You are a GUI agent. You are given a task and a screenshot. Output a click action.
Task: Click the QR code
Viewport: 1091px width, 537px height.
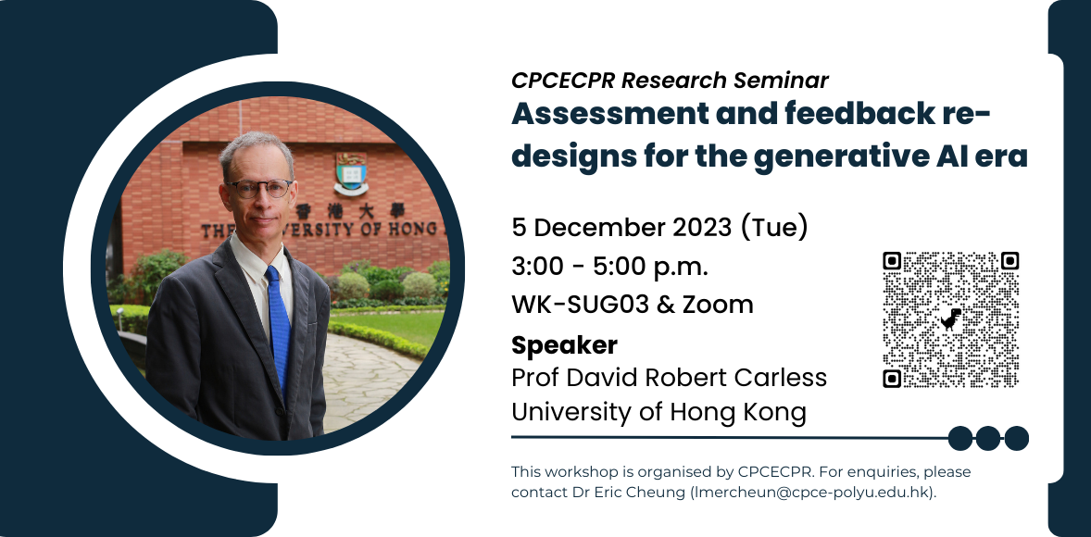950,319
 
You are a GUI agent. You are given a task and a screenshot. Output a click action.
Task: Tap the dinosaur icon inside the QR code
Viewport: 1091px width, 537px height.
951,319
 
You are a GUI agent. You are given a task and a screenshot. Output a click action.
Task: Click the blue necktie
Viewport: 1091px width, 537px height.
278,326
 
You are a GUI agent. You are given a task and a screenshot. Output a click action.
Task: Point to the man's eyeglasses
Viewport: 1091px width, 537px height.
258,188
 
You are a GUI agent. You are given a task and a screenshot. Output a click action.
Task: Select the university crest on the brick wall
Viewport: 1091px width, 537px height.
351,173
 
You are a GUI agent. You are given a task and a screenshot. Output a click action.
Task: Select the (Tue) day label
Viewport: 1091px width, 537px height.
773,228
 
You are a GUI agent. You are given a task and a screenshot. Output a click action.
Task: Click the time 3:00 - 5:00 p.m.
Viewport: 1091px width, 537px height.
609,267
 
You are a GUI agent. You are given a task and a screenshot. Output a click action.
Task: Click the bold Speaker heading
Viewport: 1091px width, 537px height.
564,345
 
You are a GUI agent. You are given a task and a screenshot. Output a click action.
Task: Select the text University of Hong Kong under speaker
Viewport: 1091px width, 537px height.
658,413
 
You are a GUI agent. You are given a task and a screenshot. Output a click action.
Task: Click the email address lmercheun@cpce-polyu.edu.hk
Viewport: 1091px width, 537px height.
809,493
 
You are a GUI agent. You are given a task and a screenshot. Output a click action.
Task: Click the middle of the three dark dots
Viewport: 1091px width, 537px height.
988,438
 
